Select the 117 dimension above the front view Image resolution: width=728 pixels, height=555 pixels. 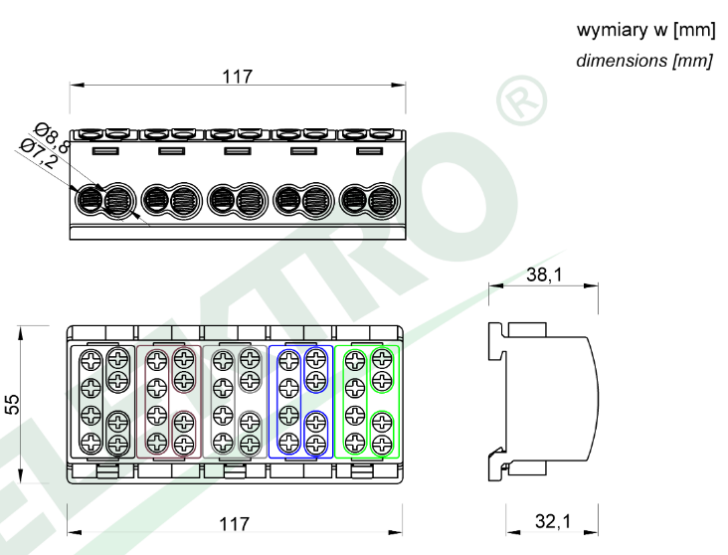click(x=238, y=77)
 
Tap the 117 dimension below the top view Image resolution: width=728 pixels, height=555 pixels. click(x=234, y=524)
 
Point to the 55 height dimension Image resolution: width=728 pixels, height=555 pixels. click(x=13, y=404)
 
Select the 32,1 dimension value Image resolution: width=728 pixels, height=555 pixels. click(x=553, y=521)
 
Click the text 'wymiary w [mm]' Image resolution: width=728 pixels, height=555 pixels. click(x=645, y=30)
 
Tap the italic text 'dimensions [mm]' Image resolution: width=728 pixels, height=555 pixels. click(x=644, y=61)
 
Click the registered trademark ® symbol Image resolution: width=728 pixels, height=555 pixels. click(x=522, y=100)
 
